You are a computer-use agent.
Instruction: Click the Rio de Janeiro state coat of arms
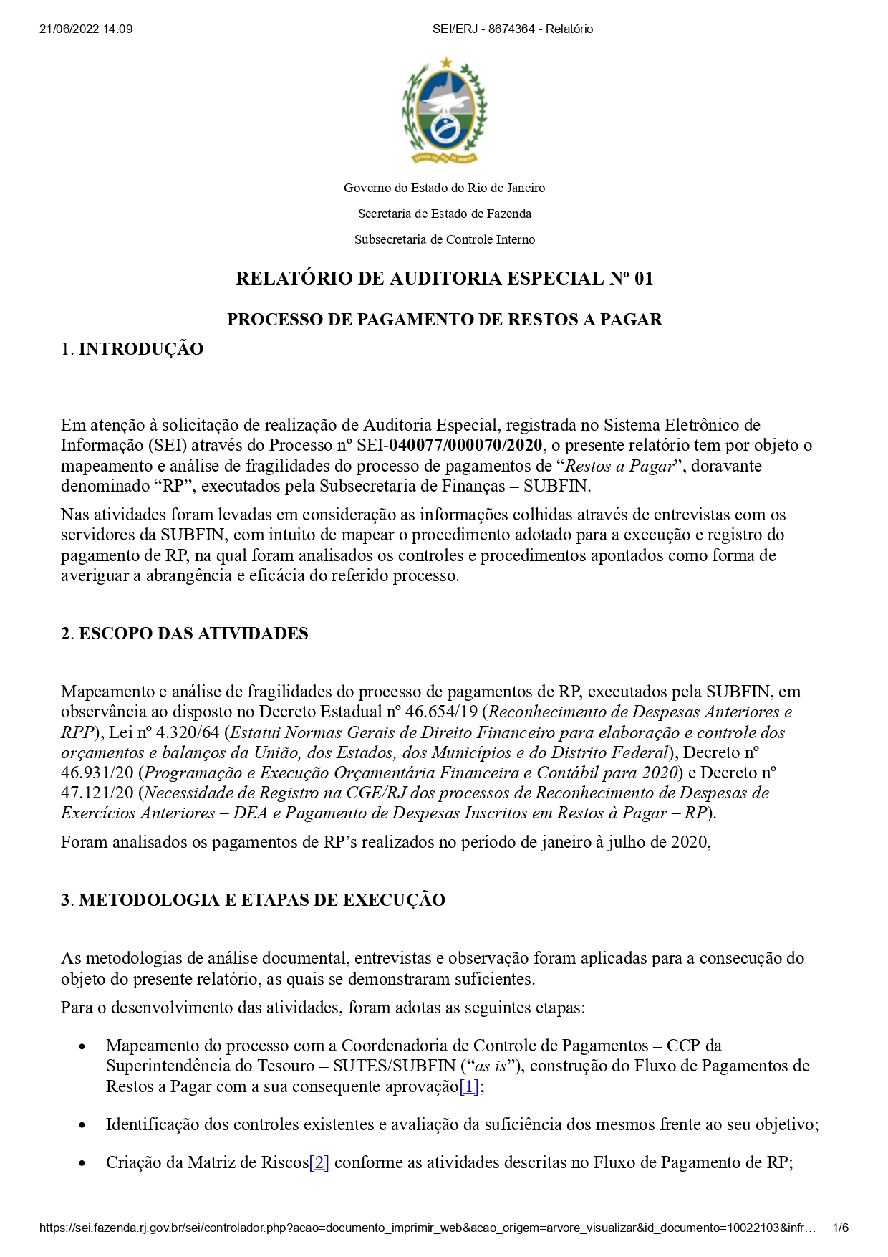pos(444,111)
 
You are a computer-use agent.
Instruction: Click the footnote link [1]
pos(469,1086)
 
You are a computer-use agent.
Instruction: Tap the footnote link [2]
pos(319,1162)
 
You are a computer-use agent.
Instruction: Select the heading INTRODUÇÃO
pos(141,349)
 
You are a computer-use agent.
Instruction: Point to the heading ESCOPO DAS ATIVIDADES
pos(193,634)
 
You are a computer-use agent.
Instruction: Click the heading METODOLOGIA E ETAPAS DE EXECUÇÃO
pos(262,900)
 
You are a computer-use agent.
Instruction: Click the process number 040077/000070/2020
pos(465,445)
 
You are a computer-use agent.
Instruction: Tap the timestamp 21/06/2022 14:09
pos(86,29)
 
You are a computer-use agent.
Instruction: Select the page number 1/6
pos(840,1228)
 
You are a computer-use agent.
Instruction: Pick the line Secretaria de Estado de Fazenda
pos(444,214)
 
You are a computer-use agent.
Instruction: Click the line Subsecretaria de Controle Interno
pos(444,239)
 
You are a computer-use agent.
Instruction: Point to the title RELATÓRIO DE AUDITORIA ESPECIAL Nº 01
pos(444,279)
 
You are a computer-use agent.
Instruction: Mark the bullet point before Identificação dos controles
pos(82,1125)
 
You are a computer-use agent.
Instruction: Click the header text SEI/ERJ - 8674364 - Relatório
pos(513,29)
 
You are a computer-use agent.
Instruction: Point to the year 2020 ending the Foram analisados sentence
pos(689,841)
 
